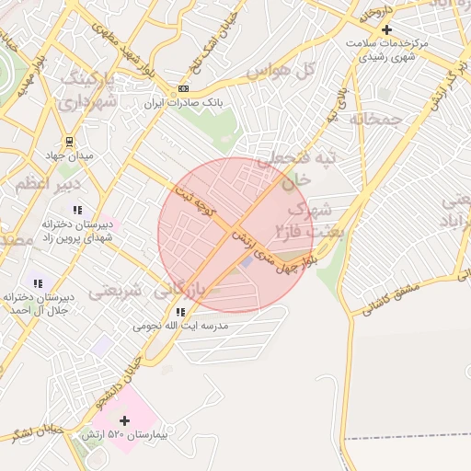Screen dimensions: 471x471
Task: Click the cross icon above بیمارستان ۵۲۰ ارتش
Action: [126, 419]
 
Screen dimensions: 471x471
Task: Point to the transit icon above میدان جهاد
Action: [71, 142]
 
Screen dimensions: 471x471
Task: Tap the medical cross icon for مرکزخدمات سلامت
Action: [386, 29]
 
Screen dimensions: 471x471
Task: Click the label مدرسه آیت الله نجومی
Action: [180, 327]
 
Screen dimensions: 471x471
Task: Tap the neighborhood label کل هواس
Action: [284, 71]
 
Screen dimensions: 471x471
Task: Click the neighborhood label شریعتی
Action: [115, 292]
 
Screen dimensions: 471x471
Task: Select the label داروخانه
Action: [377, 12]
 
